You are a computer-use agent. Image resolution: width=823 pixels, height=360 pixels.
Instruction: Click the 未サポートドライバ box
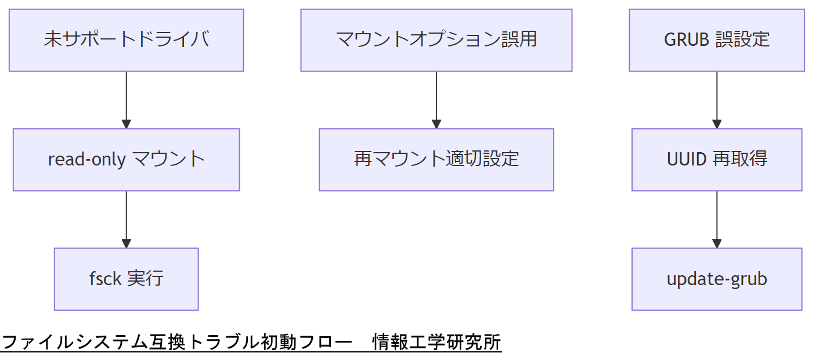126,40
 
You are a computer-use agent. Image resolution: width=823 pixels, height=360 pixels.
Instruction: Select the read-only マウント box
126,160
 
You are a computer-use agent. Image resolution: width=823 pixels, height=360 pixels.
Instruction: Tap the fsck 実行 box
126,279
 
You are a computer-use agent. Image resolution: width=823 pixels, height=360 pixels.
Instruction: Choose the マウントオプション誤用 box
436,40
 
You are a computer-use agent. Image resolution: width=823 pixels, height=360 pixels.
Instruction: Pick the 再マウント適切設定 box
436,160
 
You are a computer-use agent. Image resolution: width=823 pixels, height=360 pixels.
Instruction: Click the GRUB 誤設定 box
716,40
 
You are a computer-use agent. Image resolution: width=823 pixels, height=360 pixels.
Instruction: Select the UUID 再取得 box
716,160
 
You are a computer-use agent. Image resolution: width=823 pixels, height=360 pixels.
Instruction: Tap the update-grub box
716,279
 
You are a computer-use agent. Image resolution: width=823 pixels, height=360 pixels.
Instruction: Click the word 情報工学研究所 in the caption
437,343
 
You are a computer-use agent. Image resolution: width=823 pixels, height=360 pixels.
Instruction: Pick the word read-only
87,160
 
